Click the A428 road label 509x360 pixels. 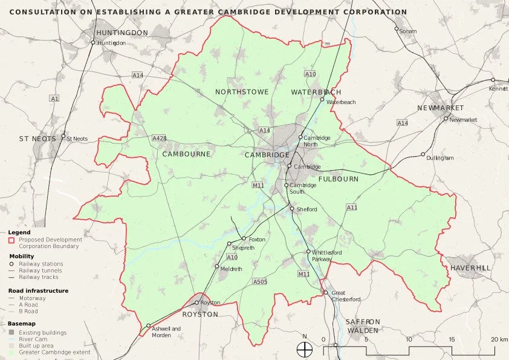(160, 138)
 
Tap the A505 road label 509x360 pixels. (260, 282)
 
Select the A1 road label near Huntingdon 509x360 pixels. (55, 98)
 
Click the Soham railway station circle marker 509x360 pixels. (397, 29)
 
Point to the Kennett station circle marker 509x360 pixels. (493, 80)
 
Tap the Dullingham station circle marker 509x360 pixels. (423, 154)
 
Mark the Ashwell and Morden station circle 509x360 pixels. (148, 326)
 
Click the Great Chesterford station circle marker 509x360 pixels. (325, 293)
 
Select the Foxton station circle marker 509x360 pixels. (244, 238)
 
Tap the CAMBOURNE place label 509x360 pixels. (187, 154)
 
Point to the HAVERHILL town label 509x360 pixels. (470, 267)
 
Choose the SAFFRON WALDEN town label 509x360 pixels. (363, 326)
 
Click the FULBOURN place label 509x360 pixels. (339, 179)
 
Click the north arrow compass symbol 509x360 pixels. (305, 349)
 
